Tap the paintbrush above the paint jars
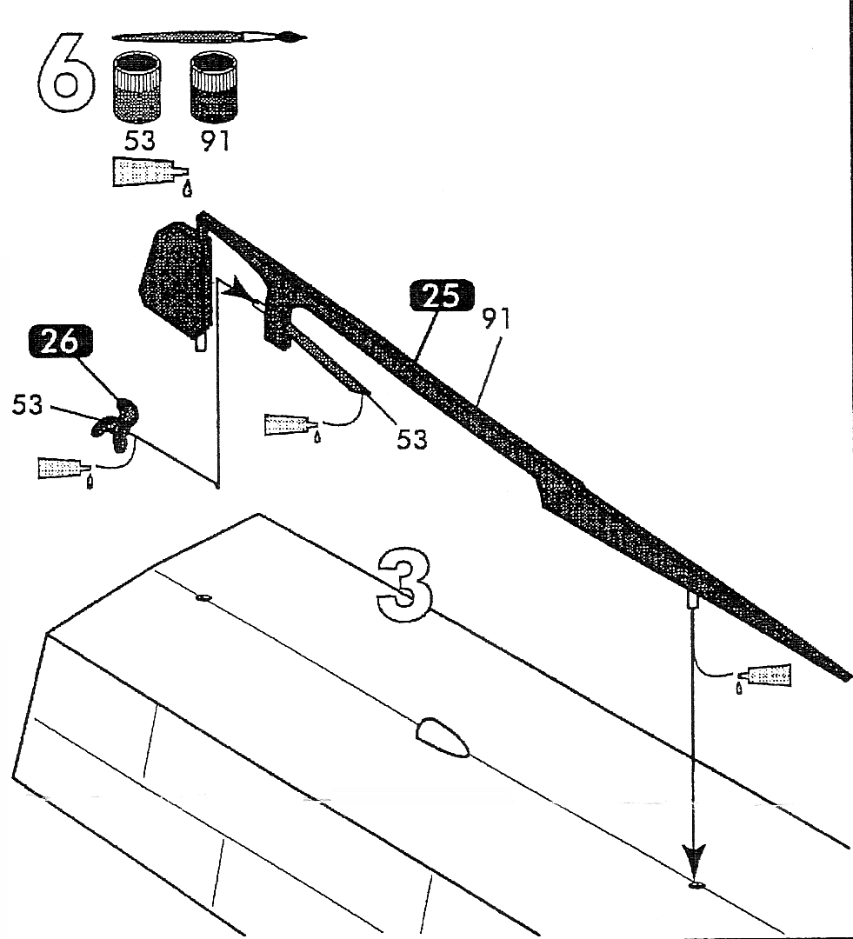pos(210,37)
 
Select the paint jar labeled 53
pos(137,87)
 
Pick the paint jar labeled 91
pos(214,87)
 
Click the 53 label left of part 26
pos(29,405)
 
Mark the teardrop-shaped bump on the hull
pos(443,738)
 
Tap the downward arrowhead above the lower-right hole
pos(694,860)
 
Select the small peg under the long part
pos(694,600)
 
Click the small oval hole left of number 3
pos(204,598)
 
